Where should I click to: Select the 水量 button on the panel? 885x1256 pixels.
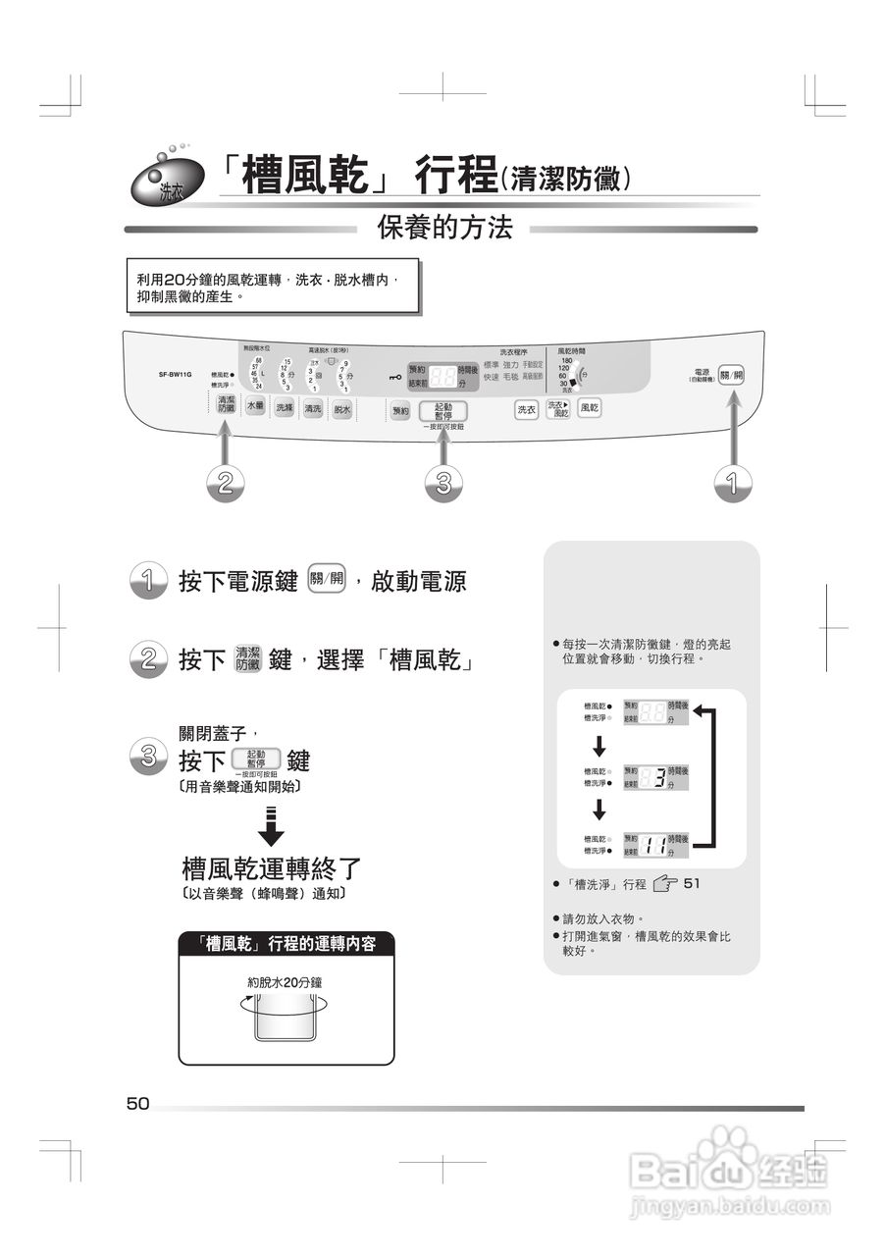tap(255, 407)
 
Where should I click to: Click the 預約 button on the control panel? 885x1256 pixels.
tap(399, 412)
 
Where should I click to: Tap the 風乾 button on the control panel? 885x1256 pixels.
tap(590, 408)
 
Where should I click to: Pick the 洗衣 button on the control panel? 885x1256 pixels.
tap(527, 409)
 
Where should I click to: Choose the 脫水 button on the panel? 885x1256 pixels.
tap(341, 409)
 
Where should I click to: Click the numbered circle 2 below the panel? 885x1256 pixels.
tap(226, 483)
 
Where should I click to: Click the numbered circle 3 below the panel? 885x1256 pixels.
tap(443, 483)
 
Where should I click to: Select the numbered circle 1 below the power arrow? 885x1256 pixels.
tap(731, 483)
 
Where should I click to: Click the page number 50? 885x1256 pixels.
tap(137, 1104)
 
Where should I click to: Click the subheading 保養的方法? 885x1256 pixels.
tap(444, 229)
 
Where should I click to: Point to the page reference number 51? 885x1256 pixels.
tap(692, 884)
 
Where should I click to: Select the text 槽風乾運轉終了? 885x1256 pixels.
tap(272, 868)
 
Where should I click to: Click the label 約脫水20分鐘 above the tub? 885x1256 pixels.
tap(285, 981)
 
